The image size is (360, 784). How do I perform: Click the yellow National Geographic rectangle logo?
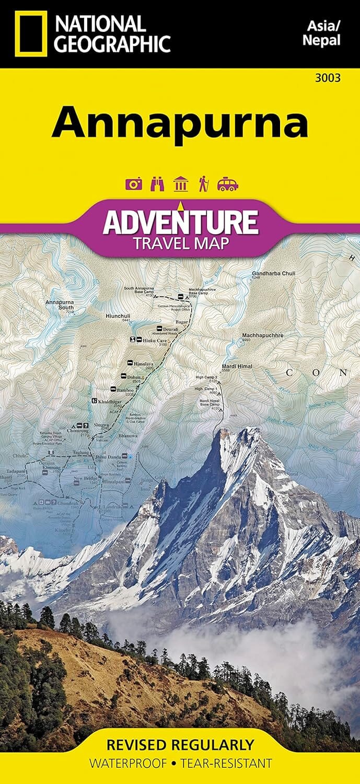31,33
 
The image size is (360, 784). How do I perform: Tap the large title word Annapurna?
180,122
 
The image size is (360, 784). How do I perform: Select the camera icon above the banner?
133,184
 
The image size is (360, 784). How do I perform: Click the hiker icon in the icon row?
203,184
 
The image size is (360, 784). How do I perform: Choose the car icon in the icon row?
228,184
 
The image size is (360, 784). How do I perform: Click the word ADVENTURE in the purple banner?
180,222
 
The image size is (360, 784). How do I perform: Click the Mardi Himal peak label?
237,366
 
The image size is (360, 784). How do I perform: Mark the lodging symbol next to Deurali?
160,328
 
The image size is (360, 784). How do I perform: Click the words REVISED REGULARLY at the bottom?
180,744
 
